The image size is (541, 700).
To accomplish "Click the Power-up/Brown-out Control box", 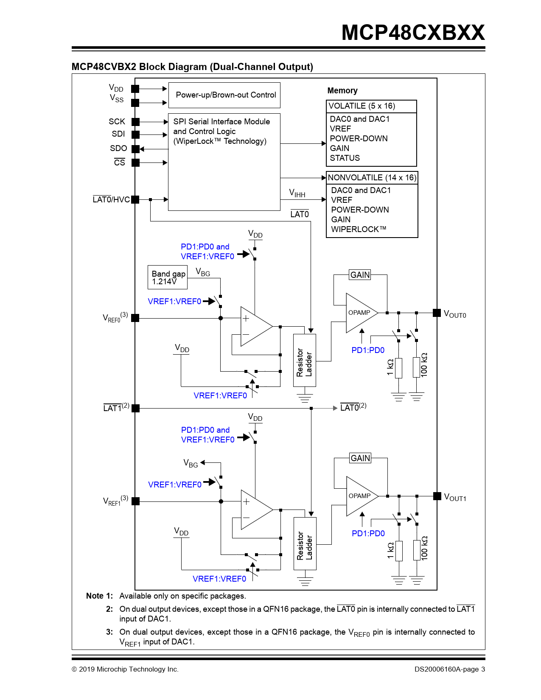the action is click(224, 95).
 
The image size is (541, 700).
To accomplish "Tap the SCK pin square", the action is click(135, 122).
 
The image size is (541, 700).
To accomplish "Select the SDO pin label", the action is click(118, 148).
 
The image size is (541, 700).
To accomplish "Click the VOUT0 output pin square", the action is click(437, 313).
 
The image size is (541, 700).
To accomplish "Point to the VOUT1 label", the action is click(455, 497).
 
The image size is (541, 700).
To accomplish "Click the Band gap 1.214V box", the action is click(168, 277).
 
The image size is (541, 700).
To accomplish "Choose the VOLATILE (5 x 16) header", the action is click(371, 106).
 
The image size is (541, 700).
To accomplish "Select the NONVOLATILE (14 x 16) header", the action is click(372, 177).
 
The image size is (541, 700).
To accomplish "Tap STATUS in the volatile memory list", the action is click(345, 158).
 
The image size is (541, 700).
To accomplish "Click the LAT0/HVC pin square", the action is click(135, 199).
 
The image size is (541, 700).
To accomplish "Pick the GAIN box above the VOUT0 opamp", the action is click(360, 275).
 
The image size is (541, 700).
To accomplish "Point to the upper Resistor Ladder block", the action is click(305, 361).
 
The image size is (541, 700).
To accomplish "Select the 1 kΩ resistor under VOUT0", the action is click(398, 368).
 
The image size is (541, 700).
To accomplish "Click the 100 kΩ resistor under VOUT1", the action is click(417, 550).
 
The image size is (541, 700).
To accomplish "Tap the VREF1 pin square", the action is click(135, 501).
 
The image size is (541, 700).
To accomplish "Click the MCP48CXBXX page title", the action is click(413, 33).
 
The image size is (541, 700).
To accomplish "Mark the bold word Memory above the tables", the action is click(342, 90).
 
